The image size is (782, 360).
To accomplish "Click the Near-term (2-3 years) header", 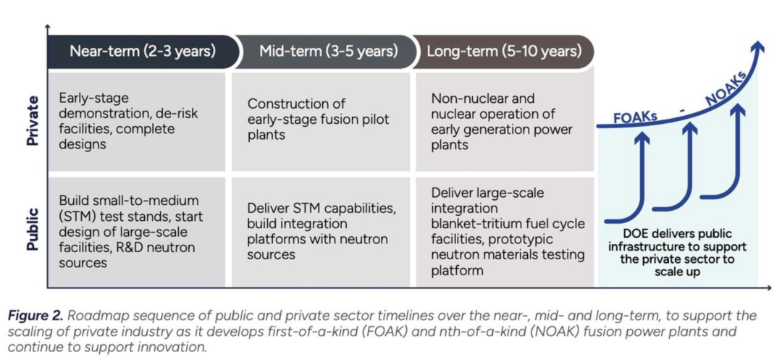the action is (x=143, y=51).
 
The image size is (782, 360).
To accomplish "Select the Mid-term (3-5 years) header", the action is (x=328, y=51).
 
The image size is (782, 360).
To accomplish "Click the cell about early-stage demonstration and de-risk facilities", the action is (x=136, y=122).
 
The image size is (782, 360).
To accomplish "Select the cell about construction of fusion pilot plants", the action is (x=321, y=122).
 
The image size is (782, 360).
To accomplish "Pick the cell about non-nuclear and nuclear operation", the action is (x=505, y=122).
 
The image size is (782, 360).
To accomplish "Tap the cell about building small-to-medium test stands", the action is (x=136, y=233).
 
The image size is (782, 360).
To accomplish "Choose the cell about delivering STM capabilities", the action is (x=321, y=233).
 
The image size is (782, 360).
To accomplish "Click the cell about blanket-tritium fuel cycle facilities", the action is (x=505, y=233).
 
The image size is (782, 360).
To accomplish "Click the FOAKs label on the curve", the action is (x=636, y=117).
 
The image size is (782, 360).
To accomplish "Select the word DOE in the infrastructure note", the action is (x=634, y=234).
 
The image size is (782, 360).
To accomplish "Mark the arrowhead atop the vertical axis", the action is (x=47, y=26).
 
